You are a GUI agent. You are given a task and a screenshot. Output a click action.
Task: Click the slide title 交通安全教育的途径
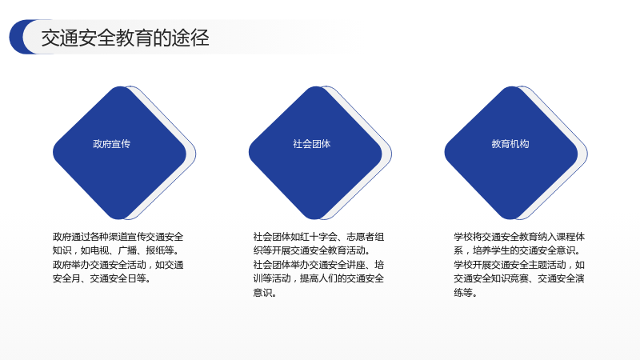pos(125,38)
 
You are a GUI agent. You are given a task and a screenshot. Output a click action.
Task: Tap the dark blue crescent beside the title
pos(16,37)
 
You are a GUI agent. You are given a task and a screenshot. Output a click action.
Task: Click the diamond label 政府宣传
pos(111,144)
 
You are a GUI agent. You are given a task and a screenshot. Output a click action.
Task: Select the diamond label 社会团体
pos(311,144)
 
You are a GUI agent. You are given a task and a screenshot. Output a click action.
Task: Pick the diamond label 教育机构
pos(510,144)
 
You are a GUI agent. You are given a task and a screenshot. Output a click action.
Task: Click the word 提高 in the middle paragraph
pos(310,278)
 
